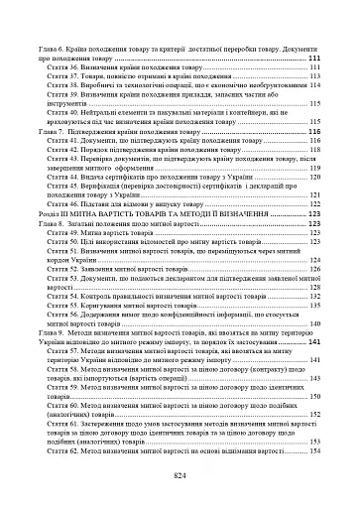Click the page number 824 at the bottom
pyautogui.click(x=180, y=476)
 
